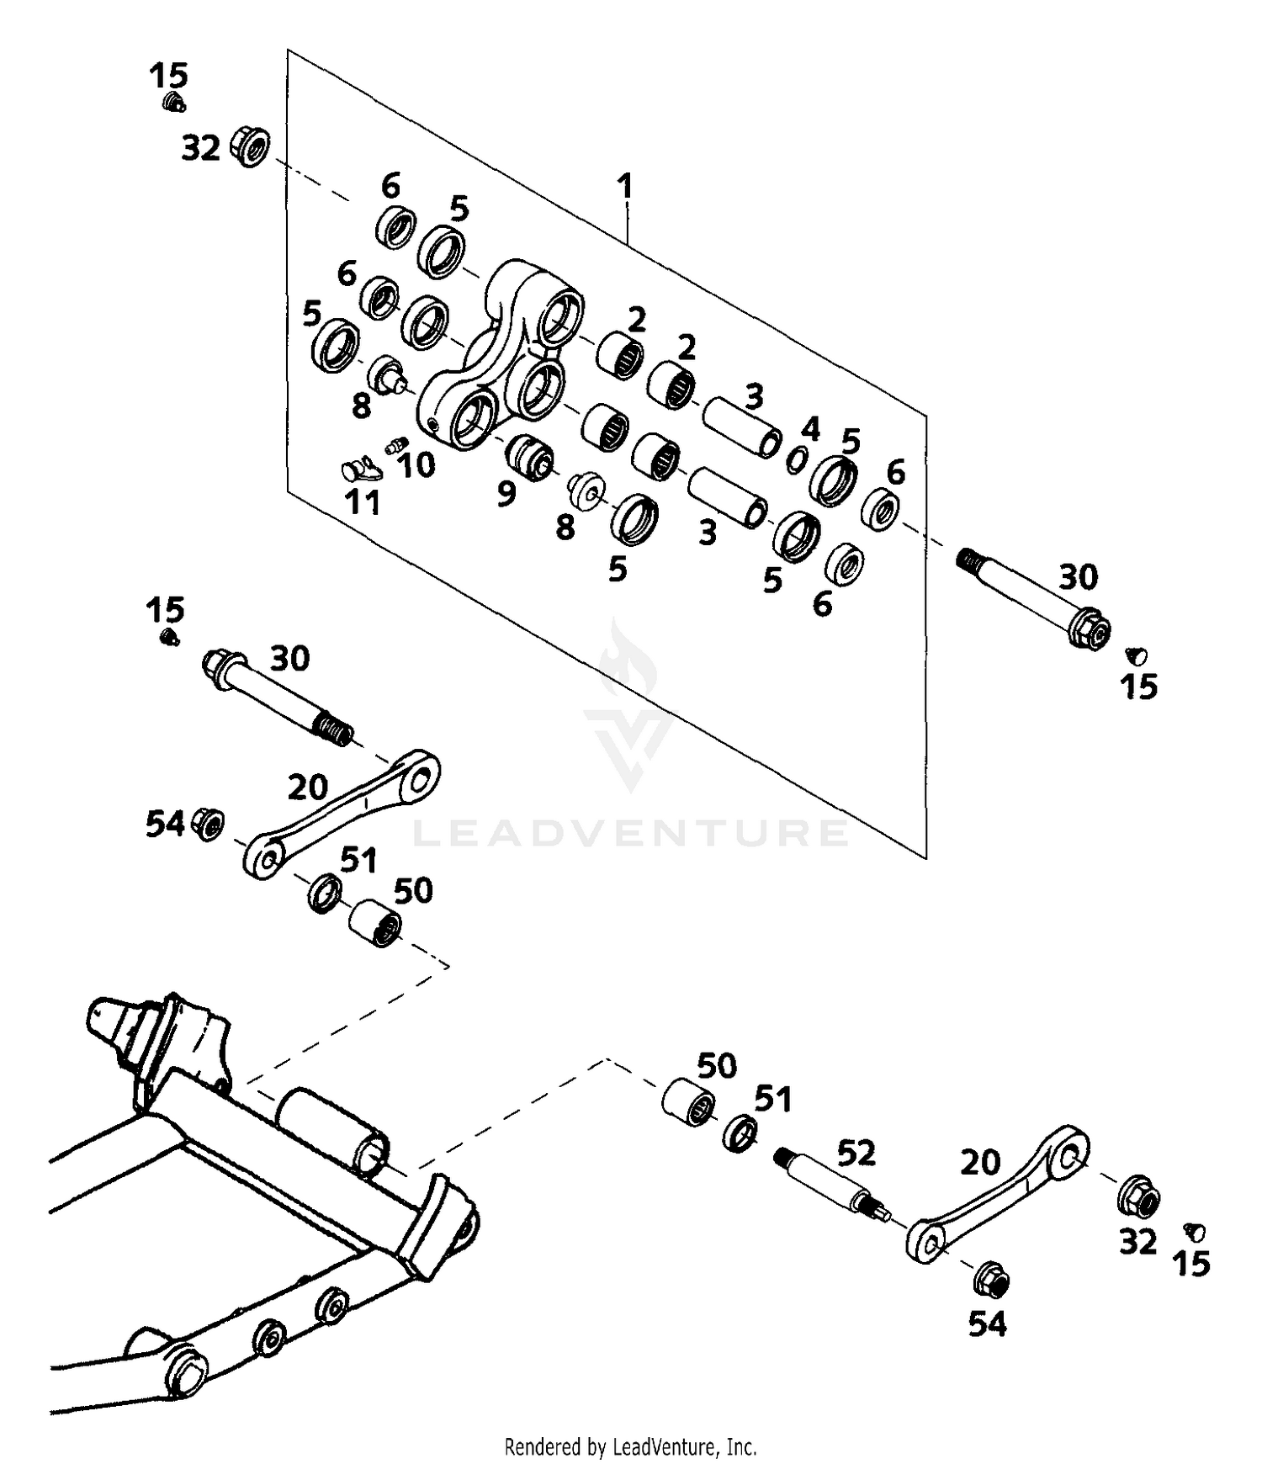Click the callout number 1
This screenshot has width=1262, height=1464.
(623, 186)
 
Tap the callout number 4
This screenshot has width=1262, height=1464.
(809, 429)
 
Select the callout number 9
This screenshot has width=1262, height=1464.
(506, 494)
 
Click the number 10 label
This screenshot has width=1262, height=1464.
(416, 464)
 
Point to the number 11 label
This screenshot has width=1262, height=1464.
(363, 503)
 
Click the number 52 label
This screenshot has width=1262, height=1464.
(856, 1154)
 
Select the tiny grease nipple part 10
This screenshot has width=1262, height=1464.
(396, 445)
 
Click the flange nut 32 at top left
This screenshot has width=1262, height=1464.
(250, 146)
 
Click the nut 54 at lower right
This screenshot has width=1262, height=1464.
(992, 1281)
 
